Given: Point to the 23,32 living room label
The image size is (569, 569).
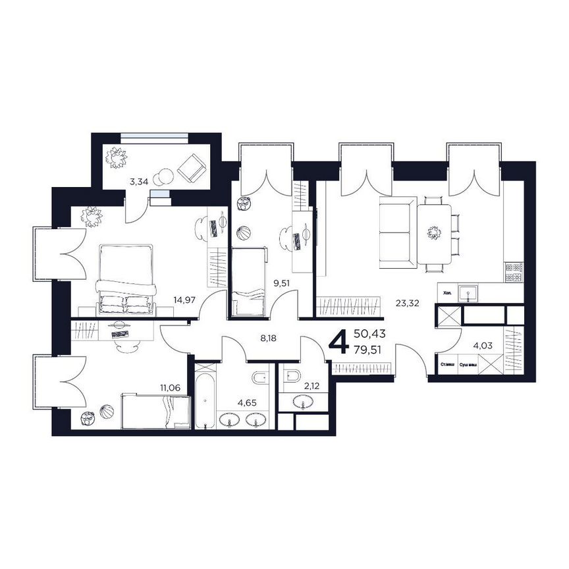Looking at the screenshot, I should (408, 304).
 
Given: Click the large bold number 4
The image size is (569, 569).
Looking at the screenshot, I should (339, 342).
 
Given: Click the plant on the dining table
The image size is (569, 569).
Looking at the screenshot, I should (433, 232).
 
